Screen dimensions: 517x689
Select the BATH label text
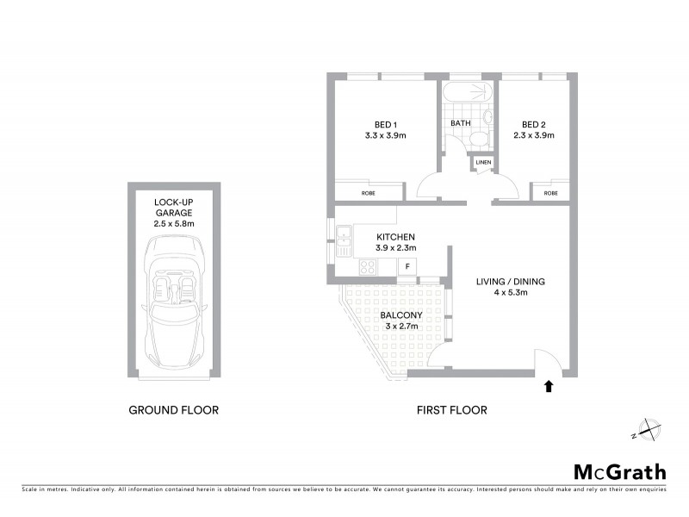pyautogui.click(x=461, y=123)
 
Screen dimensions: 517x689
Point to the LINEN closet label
pyautogui.click(x=482, y=162)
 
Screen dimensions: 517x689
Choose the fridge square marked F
pyautogui.click(x=407, y=266)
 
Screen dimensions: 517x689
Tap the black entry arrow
pyautogui.click(x=549, y=387)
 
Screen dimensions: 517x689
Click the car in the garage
pyautogui.click(x=173, y=302)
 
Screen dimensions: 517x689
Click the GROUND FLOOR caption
pyautogui.click(x=173, y=410)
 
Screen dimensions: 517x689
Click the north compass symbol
pyautogui.click(x=646, y=430)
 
